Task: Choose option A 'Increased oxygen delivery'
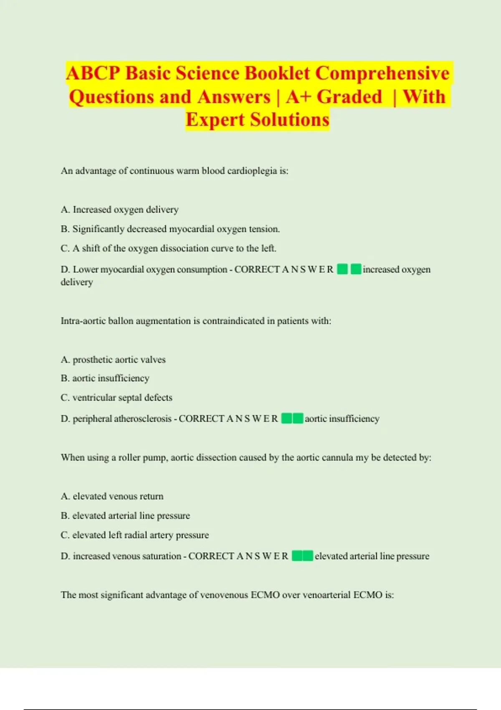pyautogui.click(x=120, y=210)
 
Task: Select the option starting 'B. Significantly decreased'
pyautogui.click(x=170, y=229)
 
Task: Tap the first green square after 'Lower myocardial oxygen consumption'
pyautogui.click(x=342, y=269)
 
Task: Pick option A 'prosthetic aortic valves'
pyautogui.click(x=113, y=360)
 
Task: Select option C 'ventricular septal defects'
pyautogui.click(x=116, y=398)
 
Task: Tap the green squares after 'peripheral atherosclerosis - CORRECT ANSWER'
pyautogui.click(x=292, y=418)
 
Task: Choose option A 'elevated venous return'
pyautogui.click(x=112, y=496)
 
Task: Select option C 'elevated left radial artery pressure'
pyautogui.click(x=135, y=535)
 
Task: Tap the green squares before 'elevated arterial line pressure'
pyautogui.click(x=302, y=556)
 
